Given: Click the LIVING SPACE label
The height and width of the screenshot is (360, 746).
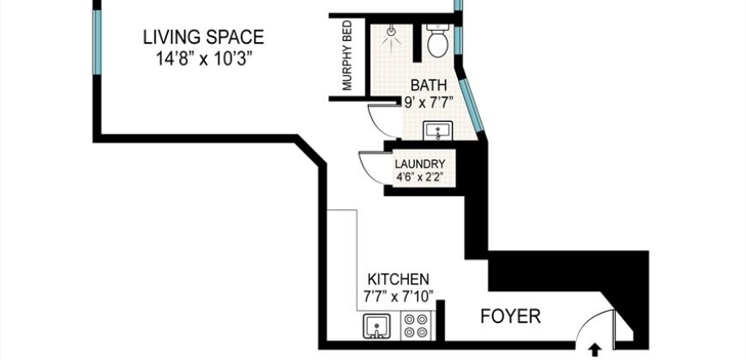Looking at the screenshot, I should pos(202,38).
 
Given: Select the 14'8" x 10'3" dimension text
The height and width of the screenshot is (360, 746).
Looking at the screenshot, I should pos(202,59).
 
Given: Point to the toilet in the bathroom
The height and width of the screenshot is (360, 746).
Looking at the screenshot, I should pos(436,41).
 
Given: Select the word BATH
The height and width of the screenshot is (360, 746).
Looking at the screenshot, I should pos(427,85).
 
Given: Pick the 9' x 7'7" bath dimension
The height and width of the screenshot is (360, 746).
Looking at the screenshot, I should pos(428,101).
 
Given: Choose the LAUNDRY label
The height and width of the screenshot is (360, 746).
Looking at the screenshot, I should pos(418,164).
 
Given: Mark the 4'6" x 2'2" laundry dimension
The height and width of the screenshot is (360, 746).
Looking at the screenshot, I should pos(418,178).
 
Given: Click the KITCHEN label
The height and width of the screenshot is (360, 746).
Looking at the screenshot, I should pos(398,279).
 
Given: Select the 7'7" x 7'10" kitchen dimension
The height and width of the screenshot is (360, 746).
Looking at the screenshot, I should pos(398,297).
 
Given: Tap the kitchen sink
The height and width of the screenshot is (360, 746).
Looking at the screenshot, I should pos(375,327).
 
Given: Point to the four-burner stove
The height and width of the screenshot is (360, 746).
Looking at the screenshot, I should pos(418,327).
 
